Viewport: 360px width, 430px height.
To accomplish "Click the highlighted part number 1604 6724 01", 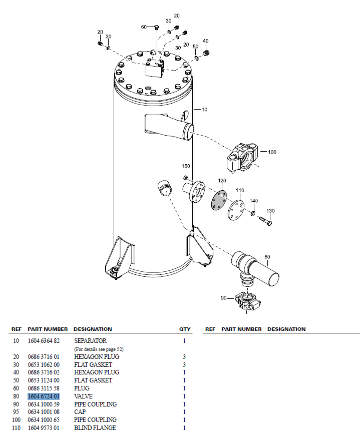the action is point(44,396).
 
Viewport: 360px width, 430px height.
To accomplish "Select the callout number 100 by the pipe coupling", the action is point(272,152).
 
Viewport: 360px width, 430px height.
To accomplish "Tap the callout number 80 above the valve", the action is point(267,257).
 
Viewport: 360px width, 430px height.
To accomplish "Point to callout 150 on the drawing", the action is point(186,166).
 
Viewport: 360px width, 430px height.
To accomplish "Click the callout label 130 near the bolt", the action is point(270,211).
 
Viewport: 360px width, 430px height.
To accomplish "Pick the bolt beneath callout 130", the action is point(265,221).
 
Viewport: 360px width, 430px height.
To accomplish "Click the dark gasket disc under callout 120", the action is point(219,201).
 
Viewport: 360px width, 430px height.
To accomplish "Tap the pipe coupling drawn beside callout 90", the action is point(247,301).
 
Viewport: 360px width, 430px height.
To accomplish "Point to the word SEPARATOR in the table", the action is point(90,341).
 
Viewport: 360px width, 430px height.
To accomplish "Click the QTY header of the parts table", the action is point(185,329).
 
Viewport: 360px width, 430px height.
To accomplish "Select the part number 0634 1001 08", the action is point(44,412).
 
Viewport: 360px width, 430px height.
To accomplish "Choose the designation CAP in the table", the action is point(80,412).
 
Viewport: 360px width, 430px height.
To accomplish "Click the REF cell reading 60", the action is point(16,388).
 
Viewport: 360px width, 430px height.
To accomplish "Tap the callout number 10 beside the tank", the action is point(204,110).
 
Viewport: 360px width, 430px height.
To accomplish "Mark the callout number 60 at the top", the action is point(144,27).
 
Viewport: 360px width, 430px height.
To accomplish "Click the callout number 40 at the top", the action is point(205,41).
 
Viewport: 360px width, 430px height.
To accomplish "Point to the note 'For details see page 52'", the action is point(99,349).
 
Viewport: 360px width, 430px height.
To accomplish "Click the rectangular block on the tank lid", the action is point(155,69).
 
